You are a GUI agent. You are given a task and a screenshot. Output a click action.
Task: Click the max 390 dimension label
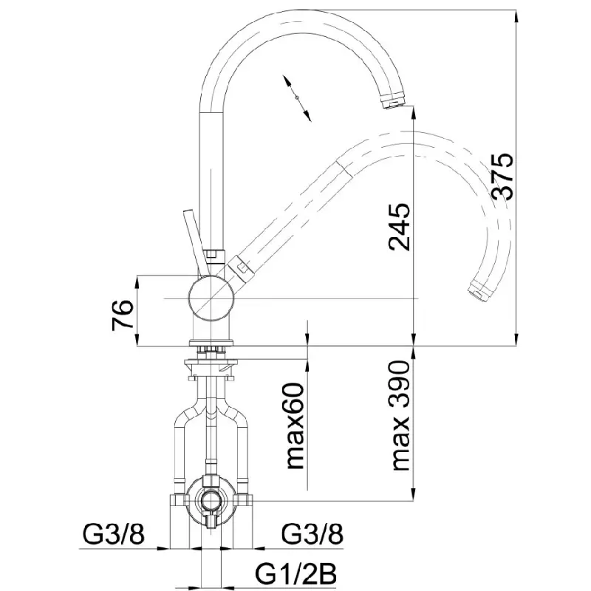click(399, 416)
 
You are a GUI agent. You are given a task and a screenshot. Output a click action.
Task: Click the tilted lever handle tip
click(187, 216)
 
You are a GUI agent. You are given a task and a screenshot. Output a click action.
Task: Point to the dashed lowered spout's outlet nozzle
click(479, 291)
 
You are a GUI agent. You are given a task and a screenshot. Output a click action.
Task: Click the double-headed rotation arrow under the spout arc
click(295, 97)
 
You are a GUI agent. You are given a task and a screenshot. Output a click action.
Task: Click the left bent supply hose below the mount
click(181, 443)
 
